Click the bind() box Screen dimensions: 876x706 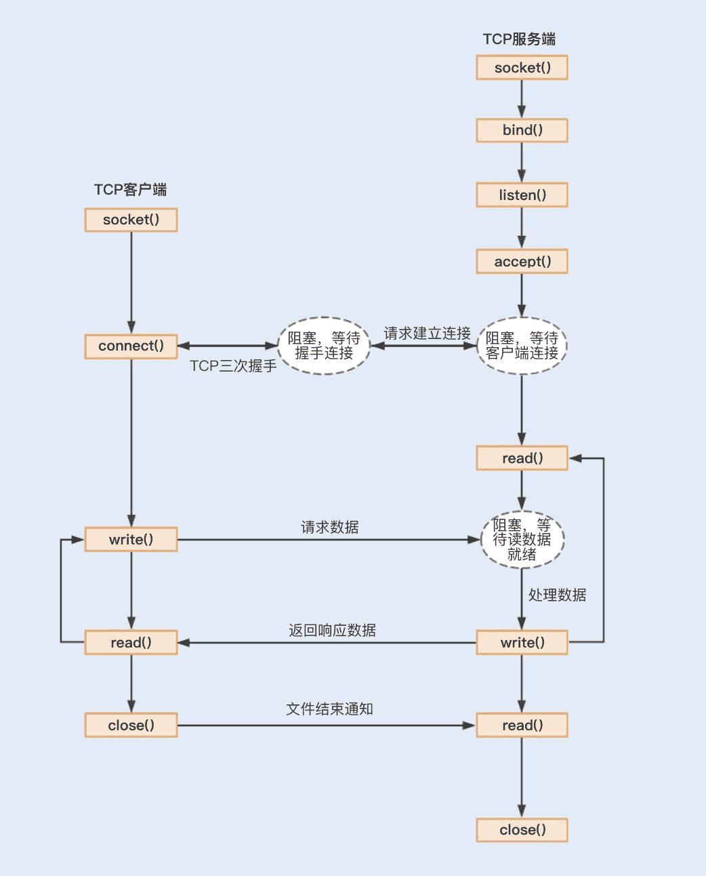click(x=522, y=130)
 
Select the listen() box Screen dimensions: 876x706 click(x=522, y=195)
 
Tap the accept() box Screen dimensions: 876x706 click(x=522, y=262)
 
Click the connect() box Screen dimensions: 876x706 click(x=131, y=346)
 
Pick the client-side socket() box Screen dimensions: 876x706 click(x=131, y=220)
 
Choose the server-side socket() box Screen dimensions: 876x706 click(x=522, y=68)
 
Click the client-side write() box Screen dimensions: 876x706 click(x=131, y=540)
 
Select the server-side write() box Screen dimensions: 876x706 click(x=522, y=643)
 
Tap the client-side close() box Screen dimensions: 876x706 click(x=131, y=725)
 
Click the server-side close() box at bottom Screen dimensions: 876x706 click(x=522, y=830)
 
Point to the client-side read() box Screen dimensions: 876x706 click(x=131, y=643)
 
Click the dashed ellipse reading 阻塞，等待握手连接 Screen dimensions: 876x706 click(x=324, y=346)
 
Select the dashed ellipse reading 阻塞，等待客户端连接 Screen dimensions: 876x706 click(x=522, y=346)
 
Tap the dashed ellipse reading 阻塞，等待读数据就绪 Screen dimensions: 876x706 click(x=522, y=540)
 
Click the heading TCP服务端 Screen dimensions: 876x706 click(x=519, y=39)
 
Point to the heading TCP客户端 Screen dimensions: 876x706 click(x=130, y=190)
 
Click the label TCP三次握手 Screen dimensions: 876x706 click(x=233, y=366)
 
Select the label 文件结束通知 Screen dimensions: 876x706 click(x=329, y=709)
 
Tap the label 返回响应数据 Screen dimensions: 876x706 click(x=332, y=631)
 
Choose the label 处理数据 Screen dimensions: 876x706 click(x=557, y=595)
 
